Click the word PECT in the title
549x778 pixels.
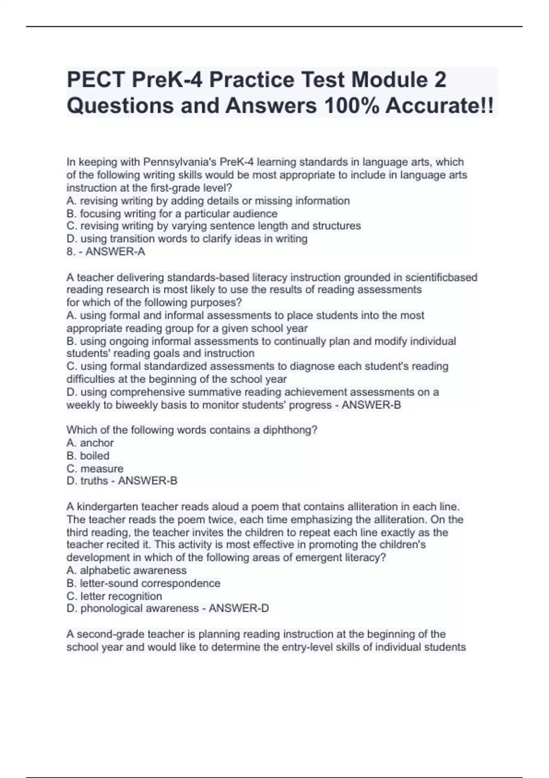[95, 80]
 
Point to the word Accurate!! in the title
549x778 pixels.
[439, 106]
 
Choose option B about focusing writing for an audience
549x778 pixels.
[172, 214]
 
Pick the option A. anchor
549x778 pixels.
[90, 443]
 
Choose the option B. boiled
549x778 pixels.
[88, 456]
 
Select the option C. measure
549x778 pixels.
[95, 469]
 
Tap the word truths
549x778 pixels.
[94, 481]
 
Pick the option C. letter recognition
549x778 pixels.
[114, 596]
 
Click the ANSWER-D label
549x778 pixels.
[239, 608]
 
